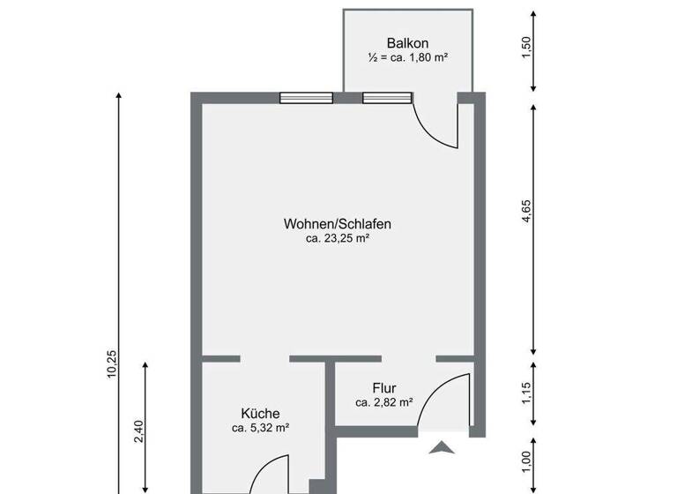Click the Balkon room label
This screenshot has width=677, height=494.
pyautogui.click(x=407, y=43)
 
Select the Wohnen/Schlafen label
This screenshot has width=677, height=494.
pyautogui.click(x=337, y=224)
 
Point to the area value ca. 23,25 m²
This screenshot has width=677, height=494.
pyautogui.click(x=337, y=238)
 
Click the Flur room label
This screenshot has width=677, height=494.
pyautogui.click(x=383, y=388)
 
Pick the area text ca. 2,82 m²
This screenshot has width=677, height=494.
pyautogui.click(x=384, y=402)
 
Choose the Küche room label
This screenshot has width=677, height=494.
pyautogui.click(x=261, y=413)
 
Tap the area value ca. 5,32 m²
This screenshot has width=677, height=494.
pyautogui.click(x=261, y=428)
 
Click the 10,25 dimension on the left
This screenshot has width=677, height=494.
pyautogui.click(x=112, y=363)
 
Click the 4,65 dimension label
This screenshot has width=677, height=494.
pyautogui.click(x=527, y=225)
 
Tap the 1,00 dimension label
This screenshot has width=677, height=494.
pyautogui.click(x=527, y=460)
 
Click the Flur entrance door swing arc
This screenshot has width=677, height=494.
pyautogui.click(x=443, y=397)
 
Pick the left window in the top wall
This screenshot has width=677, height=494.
pyautogui.click(x=306, y=98)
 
